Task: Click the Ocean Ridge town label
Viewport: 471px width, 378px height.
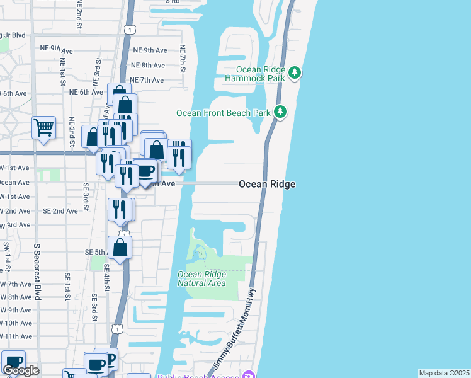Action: tap(267, 184)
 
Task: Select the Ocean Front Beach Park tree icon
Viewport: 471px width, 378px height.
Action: tap(280, 113)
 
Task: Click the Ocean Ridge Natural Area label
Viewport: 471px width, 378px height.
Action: tap(201, 278)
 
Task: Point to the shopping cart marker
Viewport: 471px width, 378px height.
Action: tap(43, 128)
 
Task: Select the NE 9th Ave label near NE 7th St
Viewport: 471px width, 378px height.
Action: tap(150, 50)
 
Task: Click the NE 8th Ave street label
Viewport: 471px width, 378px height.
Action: tap(148, 65)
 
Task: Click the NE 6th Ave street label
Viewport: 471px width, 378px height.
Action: tap(86, 92)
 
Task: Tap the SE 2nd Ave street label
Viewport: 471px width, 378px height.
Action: tap(61, 211)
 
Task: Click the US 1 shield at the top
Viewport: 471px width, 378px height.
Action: tap(129, 29)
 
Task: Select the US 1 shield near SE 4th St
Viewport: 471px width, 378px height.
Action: tap(116, 328)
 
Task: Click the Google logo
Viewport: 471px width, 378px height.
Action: tap(21, 370)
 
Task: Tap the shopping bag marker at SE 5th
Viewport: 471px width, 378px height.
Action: tap(120, 248)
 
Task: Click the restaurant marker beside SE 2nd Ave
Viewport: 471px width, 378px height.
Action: tap(120, 210)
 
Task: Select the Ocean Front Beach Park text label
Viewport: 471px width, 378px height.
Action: tap(223, 113)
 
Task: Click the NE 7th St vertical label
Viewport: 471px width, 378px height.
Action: tap(183, 57)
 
